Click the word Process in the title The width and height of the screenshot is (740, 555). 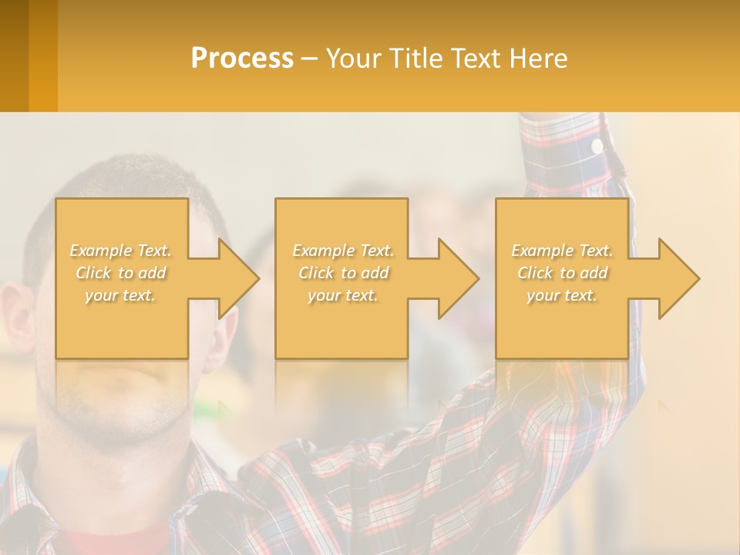(x=242, y=59)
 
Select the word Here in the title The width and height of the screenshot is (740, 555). (x=537, y=59)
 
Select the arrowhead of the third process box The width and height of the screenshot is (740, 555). (x=678, y=278)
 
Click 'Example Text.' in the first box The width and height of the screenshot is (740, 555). (x=121, y=251)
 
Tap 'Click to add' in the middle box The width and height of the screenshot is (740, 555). (x=343, y=273)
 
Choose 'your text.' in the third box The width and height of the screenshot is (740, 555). (x=562, y=295)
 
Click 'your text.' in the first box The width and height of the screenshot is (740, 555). (x=121, y=295)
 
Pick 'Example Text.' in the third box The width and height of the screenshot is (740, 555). (x=562, y=251)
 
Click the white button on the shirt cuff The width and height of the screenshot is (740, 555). (x=597, y=145)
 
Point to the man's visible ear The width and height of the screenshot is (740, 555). (x=17, y=316)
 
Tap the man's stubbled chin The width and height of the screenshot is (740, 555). (x=123, y=409)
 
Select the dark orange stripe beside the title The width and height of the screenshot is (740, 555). (x=43, y=55)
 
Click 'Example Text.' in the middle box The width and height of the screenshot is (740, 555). (x=343, y=251)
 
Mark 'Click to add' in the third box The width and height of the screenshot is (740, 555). (x=562, y=273)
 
